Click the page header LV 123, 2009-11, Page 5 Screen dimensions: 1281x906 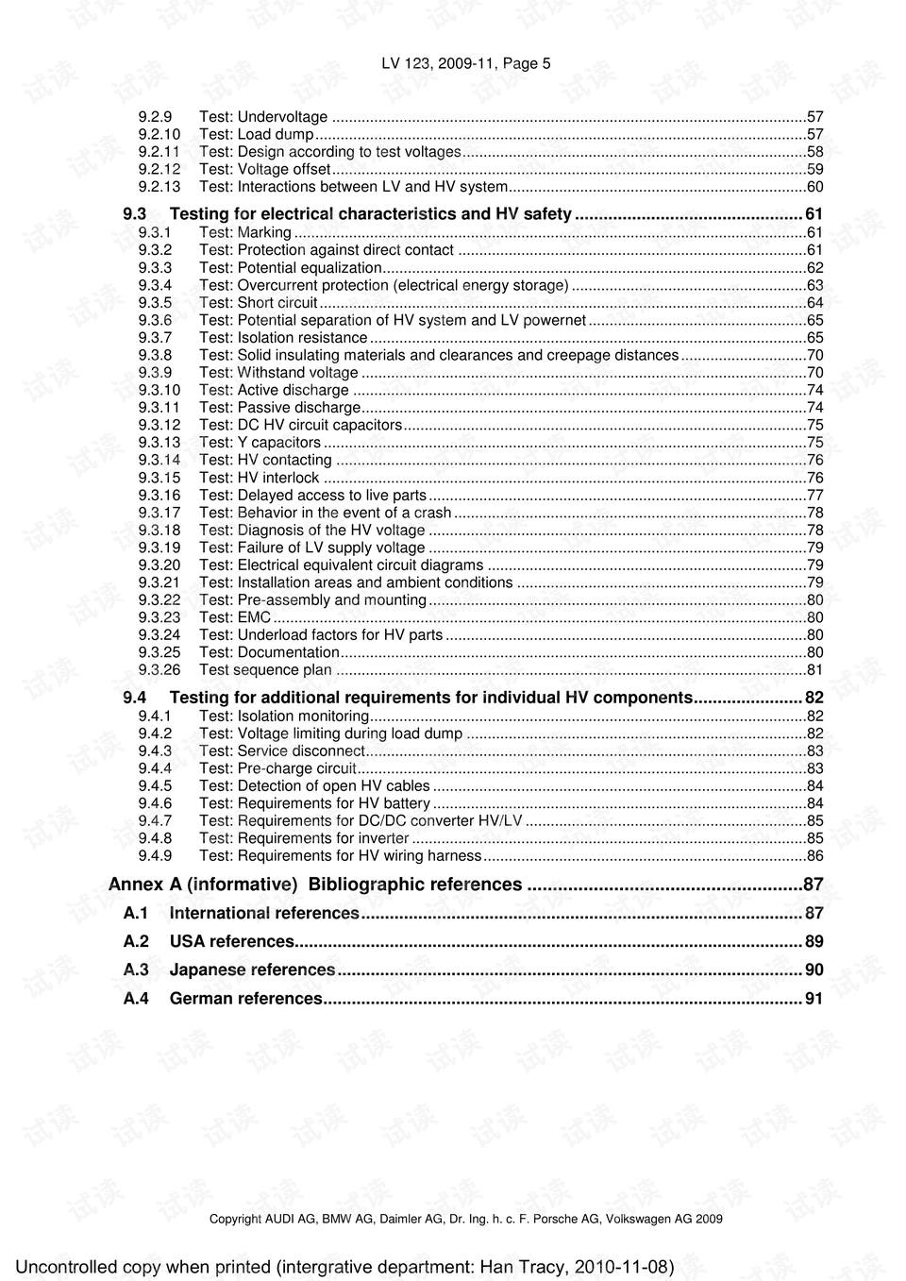[466, 64]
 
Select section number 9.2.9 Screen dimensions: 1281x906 [155, 117]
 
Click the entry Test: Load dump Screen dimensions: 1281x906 [256, 135]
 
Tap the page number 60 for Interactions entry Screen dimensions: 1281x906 [814, 187]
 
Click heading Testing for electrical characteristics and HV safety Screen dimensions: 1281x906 [370, 214]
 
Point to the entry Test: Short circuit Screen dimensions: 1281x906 [258, 303]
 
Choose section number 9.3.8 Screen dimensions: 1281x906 [155, 356]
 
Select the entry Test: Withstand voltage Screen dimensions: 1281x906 [278, 373]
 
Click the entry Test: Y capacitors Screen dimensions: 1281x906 [260, 443]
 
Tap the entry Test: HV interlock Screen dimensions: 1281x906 [259, 478]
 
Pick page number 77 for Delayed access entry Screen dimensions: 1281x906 [814, 496]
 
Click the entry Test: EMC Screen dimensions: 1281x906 [235, 617]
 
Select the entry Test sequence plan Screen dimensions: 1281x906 [265, 670]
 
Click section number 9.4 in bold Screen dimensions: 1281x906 [135, 698]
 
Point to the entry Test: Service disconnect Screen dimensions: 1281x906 [281, 751]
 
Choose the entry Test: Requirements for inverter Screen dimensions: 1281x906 [304, 838]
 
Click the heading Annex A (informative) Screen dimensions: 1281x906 [203, 885]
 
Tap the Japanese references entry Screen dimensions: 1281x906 [252, 970]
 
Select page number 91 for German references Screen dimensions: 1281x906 [814, 999]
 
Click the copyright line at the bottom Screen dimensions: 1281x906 [466, 1219]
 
